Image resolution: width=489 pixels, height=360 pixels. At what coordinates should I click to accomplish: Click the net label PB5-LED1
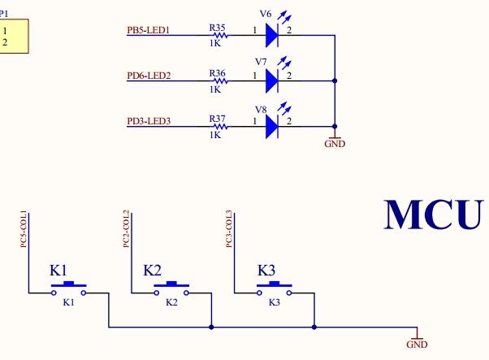147,31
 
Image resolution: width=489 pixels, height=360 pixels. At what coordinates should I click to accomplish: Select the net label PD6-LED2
147,76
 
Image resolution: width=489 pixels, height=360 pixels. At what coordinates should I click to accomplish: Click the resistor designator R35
217,28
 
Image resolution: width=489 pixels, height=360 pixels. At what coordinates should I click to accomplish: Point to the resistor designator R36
217,73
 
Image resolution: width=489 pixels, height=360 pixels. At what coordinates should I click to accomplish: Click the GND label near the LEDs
335,144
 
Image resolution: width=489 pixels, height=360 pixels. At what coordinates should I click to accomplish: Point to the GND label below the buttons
416,345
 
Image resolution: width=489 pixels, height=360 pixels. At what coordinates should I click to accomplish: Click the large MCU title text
433,215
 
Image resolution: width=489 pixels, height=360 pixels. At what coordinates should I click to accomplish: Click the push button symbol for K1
69,288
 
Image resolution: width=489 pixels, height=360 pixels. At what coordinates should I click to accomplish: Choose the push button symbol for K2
171,288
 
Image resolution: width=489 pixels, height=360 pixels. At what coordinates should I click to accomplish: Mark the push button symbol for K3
274,288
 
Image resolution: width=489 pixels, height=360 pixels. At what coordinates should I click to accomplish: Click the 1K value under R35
215,44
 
